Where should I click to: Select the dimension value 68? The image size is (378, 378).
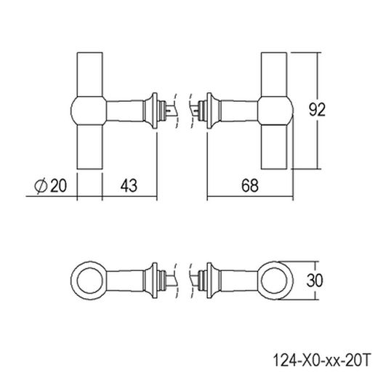pyautogui.click(x=250, y=185)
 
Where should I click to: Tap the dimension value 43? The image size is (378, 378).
pyautogui.click(x=129, y=185)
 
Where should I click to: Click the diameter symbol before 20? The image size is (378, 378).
pyautogui.click(x=41, y=185)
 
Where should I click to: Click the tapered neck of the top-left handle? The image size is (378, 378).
pyautogui.click(x=127, y=111)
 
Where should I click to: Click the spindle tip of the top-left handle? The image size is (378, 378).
pyautogui.click(x=171, y=111)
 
